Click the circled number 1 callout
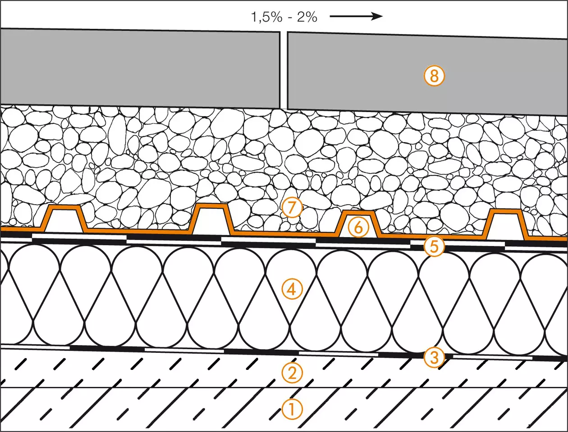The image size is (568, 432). pos(292,409)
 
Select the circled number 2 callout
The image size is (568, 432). pos(292,373)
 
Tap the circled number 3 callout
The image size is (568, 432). pos(434,358)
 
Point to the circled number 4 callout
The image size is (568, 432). pos(292,289)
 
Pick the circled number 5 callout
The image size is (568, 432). pos(434,246)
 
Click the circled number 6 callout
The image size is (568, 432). pos(358,228)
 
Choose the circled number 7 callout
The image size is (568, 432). pos(292,208)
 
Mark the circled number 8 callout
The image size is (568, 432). pos(434,76)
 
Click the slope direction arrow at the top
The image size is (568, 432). pos(356,17)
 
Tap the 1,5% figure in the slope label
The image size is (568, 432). pos(266,17)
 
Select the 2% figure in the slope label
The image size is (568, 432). pos(307,17)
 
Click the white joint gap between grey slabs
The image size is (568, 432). pos(284,70)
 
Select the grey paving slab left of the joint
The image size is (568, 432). pos(140,68)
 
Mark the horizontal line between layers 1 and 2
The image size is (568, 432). pos(284,387)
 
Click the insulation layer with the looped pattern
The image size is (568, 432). pos(284,300)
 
